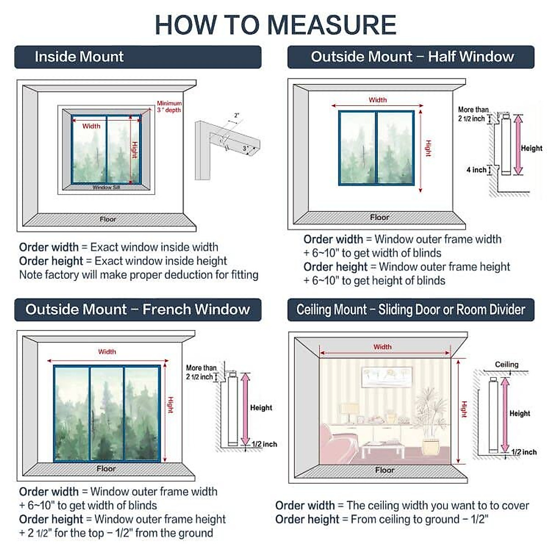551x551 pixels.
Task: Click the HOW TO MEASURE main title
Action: pyautogui.click(x=275, y=25)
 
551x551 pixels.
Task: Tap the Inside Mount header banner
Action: pyautogui.click(x=138, y=57)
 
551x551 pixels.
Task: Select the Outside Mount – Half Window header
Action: pyautogui.click(x=411, y=57)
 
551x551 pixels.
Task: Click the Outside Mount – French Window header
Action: pyautogui.click(x=138, y=309)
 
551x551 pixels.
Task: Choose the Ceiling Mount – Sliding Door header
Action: pyautogui.click(x=411, y=309)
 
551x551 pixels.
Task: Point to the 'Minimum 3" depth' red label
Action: pyautogui.click(x=169, y=107)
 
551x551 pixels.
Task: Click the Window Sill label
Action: pyautogui.click(x=106, y=187)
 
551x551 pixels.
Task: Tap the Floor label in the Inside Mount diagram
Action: pyautogui.click(x=108, y=219)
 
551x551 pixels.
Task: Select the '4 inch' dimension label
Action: pyautogui.click(x=476, y=170)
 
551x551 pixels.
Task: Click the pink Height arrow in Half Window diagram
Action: pyautogui.click(x=518, y=145)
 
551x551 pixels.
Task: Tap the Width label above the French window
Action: pyautogui.click(x=107, y=352)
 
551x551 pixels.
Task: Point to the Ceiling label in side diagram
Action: pyautogui.click(x=506, y=365)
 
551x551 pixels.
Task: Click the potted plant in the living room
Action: pyautogui.click(x=430, y=422)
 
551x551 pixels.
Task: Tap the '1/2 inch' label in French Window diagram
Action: pyautogui.click(x=264, y=444)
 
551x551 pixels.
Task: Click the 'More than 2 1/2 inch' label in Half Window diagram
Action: pyautogui.click(x=472, y=114)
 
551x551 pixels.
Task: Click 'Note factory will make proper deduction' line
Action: pyautogui.click(x=139, y=275)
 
